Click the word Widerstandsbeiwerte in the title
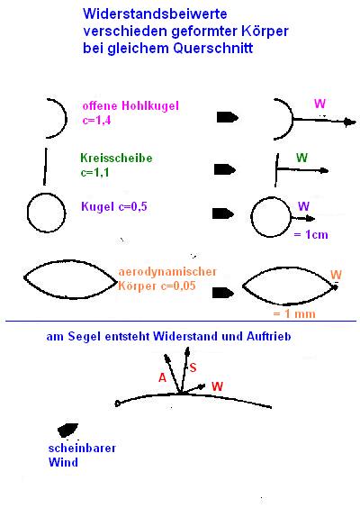tap(155, 14)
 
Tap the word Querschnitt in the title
tap(213, 49)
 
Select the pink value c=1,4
tap(97, 120)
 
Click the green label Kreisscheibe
tap(116, 159)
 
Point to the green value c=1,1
tap(94, 172)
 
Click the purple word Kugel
tap(97, 206)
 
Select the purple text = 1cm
tap(310, 234)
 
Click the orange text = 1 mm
tap(294, 313)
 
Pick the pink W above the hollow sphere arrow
tap(319, 104)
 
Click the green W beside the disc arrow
tap(301, 158)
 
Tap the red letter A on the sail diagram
tap(162, 377)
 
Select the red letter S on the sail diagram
tap(193, 367)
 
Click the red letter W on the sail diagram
tap(217, 386)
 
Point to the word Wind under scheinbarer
tap(63, 462)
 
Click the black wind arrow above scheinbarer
tap(67, 430)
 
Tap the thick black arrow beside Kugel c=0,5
tap(223, 213)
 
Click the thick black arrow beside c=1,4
tap(228, 117)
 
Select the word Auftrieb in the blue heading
tap(269, 336)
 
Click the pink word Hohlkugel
tap(150, 105)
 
